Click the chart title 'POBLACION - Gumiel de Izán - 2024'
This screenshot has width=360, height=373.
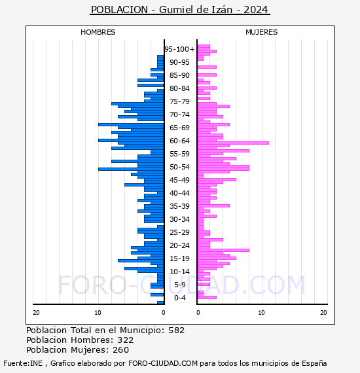179,10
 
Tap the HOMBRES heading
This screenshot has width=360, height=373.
98,32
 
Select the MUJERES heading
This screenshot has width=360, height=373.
262,32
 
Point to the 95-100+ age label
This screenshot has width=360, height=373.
179,49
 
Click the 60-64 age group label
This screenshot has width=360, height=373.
179,141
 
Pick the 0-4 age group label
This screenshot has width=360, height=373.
179,298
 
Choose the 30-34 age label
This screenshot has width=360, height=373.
179,219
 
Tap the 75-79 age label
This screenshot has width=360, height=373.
179,101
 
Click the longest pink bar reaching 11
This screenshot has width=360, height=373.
233,143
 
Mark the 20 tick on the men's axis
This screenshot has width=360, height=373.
36,313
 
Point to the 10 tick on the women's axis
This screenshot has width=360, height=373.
261,313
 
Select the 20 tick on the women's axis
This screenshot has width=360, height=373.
323,313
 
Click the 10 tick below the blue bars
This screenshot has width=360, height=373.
98,313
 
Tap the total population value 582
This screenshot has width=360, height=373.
176,330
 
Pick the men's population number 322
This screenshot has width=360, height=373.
126,340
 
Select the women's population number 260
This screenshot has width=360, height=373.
121,349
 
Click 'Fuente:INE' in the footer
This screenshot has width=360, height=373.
23,363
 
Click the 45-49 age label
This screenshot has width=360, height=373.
179,180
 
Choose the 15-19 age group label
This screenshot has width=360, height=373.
179,258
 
